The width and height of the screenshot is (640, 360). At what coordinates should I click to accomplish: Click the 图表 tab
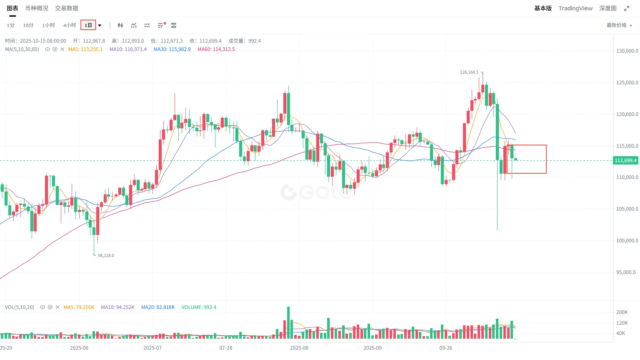click(12, 8)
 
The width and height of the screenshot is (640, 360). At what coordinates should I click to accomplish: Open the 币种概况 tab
click(37, 8)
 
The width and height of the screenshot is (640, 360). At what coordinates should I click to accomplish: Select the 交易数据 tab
click(67, 8)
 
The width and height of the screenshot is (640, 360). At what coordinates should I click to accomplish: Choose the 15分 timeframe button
click(28, 25)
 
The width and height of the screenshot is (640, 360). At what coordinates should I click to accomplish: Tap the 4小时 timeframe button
click(69, 25)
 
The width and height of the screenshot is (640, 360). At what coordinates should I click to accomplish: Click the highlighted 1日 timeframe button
click(88, 25)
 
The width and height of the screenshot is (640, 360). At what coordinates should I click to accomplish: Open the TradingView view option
click(575, 8)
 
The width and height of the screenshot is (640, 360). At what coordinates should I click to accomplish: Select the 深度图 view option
click(608, 8)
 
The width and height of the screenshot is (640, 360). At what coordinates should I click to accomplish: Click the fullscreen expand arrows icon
click(627, 8)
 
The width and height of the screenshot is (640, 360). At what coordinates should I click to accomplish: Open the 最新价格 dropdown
click(619, 25)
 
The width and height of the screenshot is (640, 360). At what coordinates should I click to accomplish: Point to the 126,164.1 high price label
click(469, 72)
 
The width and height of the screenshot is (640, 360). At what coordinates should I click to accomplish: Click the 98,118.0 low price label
click(106, 256)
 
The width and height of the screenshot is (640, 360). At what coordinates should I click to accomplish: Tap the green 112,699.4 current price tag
click(625, 161)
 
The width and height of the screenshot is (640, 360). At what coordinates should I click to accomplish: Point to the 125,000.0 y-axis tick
click(627, 83)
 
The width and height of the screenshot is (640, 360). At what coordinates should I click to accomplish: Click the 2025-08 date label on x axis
click(299, 348)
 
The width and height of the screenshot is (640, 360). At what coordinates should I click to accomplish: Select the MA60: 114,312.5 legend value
click(216, 49)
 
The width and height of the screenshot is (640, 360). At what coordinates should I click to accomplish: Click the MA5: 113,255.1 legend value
click(85, 49)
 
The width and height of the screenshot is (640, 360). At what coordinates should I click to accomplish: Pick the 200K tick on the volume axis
click(622, 312)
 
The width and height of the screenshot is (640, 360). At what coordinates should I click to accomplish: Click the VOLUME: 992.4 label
click(199, 307)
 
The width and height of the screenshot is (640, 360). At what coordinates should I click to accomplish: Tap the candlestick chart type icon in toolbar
click(120, 25)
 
